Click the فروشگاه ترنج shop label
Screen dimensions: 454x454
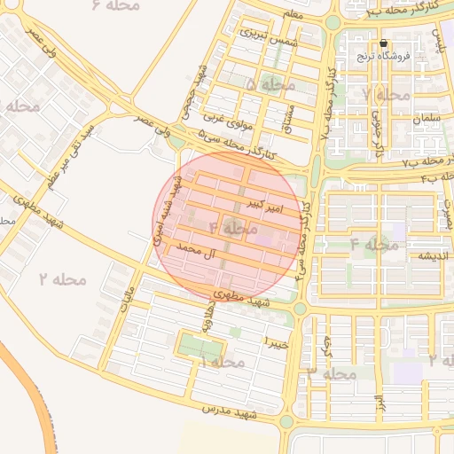[x=380, y=56]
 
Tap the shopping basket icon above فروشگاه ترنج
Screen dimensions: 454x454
[x=383, y=43]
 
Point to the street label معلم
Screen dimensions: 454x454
[x=293, y=15]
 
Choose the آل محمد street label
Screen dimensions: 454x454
[x=198, y=253]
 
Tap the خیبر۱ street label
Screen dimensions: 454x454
[x=277, y=340]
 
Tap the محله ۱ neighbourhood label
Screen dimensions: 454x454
[x=222, y=363]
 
